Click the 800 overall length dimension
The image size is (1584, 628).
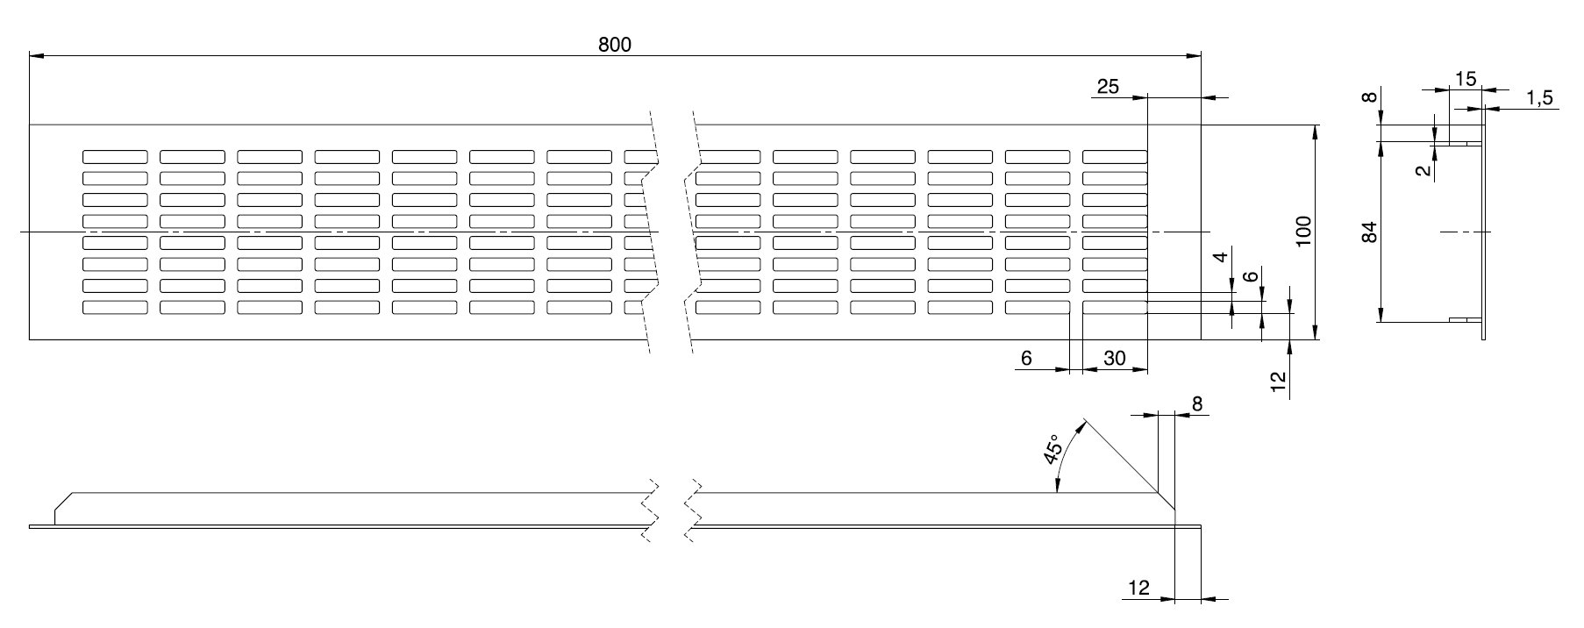click(615, 45)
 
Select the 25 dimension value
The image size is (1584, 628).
click(1108, 86)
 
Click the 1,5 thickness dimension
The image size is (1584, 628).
click(1539, 98)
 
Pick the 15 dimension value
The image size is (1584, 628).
click(1465, 79)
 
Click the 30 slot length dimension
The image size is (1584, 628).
click(1114, 358)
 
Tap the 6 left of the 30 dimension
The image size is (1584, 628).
click(1026, 358)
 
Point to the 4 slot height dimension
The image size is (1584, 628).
click(1218, 258)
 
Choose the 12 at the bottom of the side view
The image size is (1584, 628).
click(1138, 589)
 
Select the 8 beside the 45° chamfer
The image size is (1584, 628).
click(1197, 403)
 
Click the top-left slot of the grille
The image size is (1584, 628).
click(115, 157)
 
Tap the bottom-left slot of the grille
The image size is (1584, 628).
click(115, 307)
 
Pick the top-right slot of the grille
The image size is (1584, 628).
click(1115, 157)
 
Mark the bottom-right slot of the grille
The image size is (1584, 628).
click(1115, 307)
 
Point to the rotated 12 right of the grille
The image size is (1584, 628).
click(1278, 380)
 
